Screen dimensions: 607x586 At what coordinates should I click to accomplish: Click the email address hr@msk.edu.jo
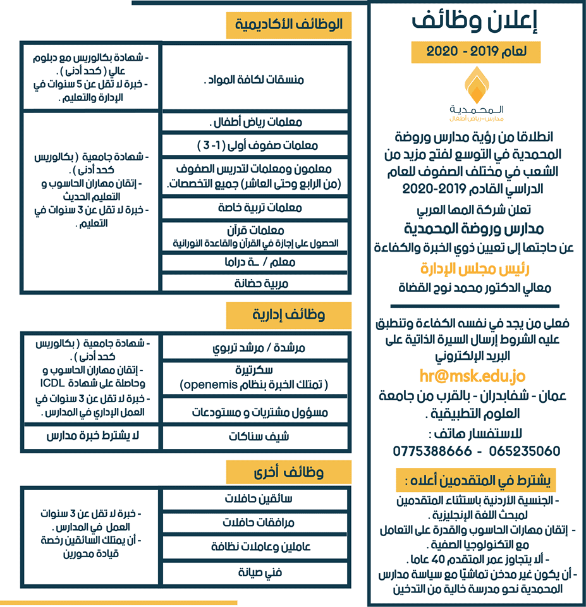pos(472,377)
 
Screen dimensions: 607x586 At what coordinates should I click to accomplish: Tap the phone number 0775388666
pos(432,451)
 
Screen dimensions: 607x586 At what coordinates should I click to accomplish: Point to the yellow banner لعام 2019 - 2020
pos(476,51)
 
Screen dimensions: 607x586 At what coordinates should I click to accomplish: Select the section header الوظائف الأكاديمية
pos(288,25)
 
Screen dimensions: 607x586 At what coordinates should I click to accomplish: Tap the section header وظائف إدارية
pos(288,314)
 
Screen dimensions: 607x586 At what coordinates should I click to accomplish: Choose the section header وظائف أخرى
pos(288,472)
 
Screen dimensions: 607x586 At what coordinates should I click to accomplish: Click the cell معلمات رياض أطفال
pos(255,121)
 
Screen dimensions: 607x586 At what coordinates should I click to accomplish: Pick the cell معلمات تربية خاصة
pos(255,207)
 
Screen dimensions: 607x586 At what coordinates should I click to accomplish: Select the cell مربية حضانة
pos(255,284)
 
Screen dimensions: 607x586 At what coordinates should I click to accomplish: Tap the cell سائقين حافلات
pos(255,499)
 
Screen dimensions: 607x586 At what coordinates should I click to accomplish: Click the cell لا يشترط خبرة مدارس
pos(89,436)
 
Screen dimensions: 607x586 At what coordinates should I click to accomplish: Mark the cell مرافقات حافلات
pos(255,523)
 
